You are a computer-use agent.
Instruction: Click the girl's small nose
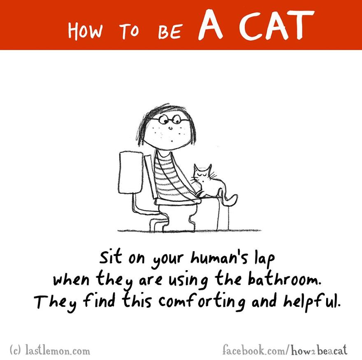(x=170, y=128)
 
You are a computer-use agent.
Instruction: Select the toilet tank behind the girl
(x=130, y=172)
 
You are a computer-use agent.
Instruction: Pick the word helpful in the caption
(x=312, y=302)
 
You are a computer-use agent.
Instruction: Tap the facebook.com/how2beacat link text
(x=285, y=350)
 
